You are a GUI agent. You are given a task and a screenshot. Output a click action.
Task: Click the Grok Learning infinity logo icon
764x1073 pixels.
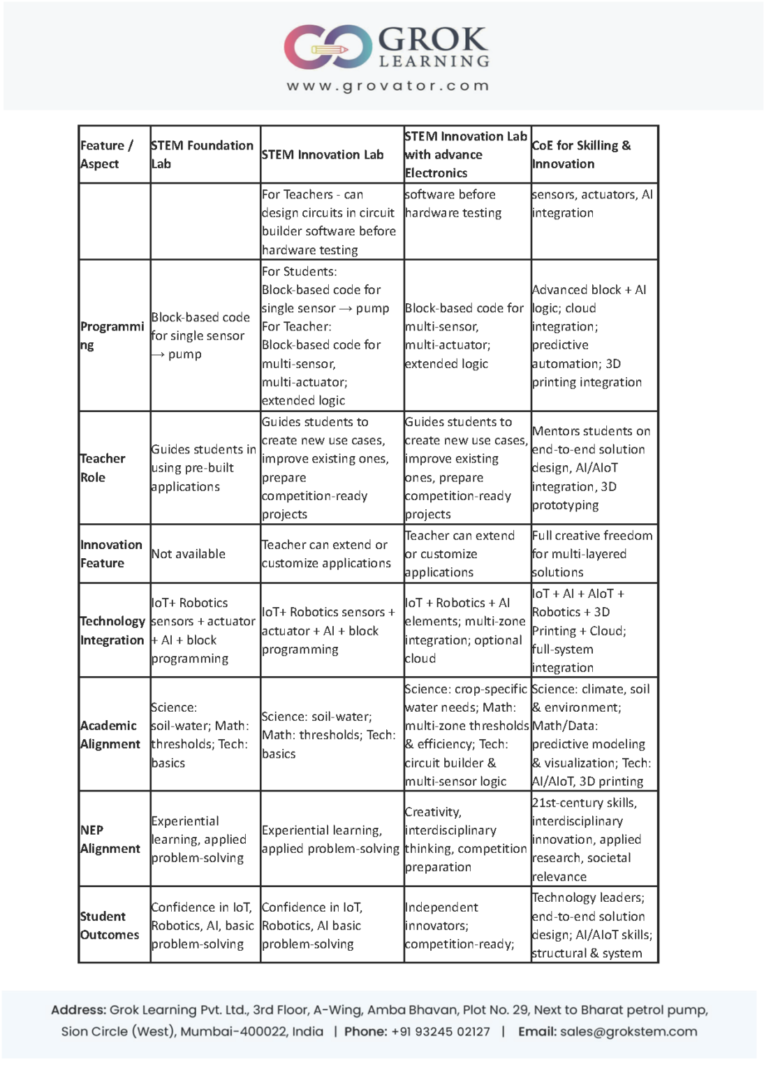328,47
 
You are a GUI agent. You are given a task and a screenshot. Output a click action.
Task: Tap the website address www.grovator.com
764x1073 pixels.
388,86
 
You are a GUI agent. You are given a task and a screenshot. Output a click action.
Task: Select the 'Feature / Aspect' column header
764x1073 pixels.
106,154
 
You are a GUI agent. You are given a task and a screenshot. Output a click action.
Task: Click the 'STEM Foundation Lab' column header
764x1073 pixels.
202,154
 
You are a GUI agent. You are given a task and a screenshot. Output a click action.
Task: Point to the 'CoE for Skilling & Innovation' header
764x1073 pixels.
581,154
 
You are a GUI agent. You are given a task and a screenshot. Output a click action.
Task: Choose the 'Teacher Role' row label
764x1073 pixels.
103,467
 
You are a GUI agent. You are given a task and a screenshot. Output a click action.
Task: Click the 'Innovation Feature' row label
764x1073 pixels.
111,553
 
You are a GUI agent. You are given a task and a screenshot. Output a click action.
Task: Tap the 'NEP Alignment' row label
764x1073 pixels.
110,839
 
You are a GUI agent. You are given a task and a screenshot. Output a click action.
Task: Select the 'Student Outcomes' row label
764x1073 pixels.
109,925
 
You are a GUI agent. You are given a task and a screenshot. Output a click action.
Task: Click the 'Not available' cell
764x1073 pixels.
189,553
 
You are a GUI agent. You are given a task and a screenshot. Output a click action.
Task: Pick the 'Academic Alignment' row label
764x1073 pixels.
110,734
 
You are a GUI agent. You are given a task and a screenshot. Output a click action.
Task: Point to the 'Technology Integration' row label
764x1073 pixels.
112,630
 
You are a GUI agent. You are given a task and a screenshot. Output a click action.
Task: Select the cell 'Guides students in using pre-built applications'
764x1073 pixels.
203,467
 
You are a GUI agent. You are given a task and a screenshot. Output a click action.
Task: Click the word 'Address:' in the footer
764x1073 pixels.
78,1009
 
